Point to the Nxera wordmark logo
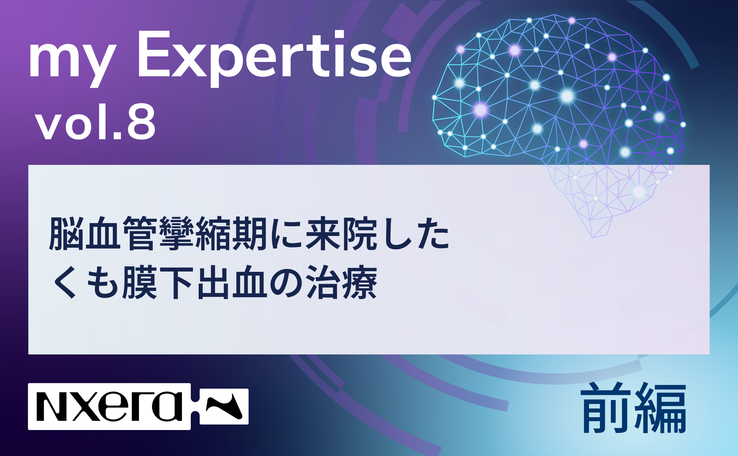coord(109,406)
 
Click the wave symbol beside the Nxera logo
coord(224,406)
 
